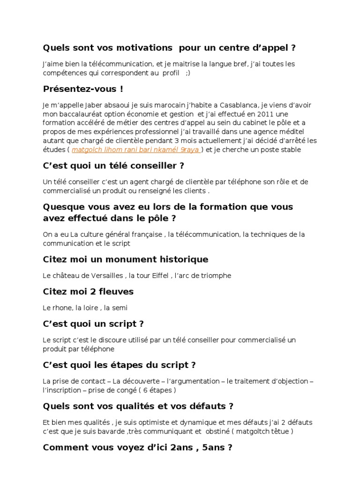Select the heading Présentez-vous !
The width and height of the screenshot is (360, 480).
83,89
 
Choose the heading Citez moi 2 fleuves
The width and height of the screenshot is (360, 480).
88,292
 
